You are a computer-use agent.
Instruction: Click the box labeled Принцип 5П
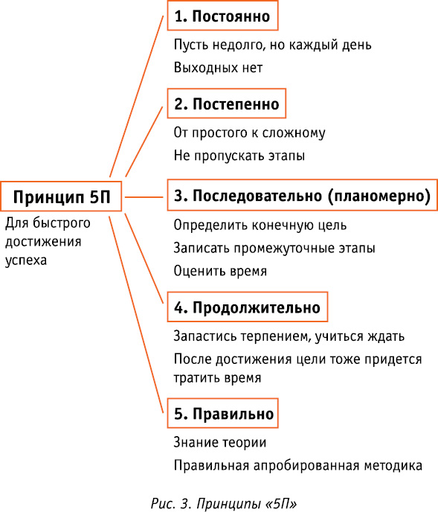click(x=61, y=196)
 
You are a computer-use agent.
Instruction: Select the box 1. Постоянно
click(x=222, y=16)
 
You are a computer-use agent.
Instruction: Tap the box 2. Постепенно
click(x=227, y=103)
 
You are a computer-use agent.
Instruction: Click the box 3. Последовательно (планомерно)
click(x=302, y=195)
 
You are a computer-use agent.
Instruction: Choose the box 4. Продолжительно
click(x=248, y=307)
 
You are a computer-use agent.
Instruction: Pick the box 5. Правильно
click(x=222, y=413)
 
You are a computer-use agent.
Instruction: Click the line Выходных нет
click(x=218, y=68)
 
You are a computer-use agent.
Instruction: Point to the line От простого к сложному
click(x=249, y=133)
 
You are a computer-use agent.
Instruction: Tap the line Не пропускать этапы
click(x=239, y=156)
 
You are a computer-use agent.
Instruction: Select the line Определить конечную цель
click(x=260, y=225)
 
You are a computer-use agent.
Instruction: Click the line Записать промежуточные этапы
click(x=274, y=248)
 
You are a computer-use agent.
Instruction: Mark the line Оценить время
click(x=220, y=271)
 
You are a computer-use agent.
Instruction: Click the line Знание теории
click(x=220, y=443)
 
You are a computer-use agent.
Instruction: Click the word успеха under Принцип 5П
click(x=26, y=260)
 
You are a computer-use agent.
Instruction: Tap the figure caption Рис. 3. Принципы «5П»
click(x=224, y=503)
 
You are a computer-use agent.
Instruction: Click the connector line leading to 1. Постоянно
click(x=136, y=96)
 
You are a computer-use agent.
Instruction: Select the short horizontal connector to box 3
click(x=144, y=197)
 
